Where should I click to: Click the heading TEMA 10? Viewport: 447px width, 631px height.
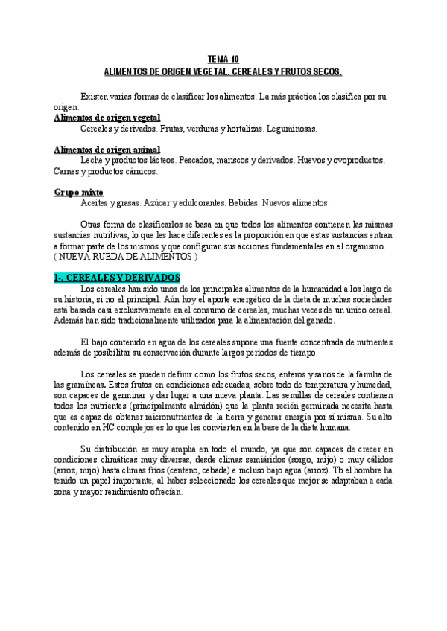coord(223,59)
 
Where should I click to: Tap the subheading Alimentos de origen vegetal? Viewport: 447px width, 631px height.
coord(107,118)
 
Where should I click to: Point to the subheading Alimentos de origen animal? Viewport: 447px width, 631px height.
coord(107,150)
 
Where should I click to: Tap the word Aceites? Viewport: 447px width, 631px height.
coord(96,203)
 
